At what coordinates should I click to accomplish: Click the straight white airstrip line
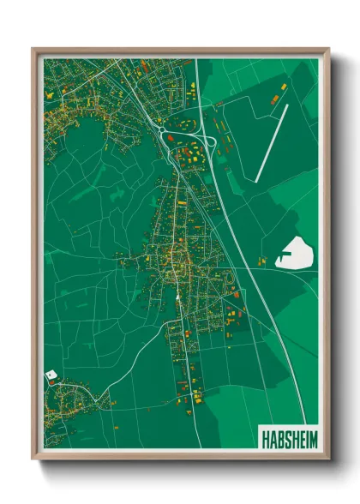[x=272, y=142]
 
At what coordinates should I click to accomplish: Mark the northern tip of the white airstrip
[x=287, y=105]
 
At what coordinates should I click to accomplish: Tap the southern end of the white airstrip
[x=256, y=180]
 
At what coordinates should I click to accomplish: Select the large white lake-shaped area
[x=297, y=254]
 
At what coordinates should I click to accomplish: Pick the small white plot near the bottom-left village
[x=50, y=376]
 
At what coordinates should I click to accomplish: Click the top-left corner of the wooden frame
[x=33, y=50]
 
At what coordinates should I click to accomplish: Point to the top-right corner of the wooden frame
[x=327, y=50]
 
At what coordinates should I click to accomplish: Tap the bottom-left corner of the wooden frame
[x=33, y=458]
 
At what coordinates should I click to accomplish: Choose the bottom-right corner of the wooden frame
[x=327, y=458]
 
